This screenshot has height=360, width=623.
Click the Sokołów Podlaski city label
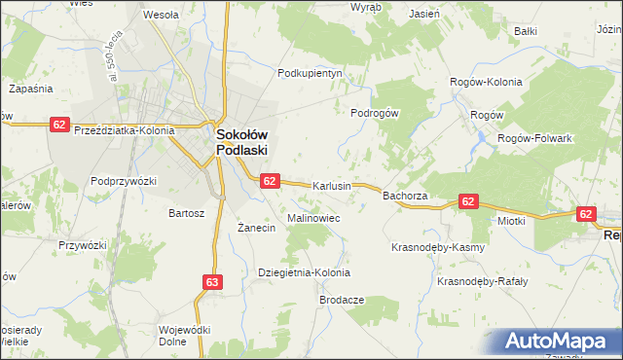[241, 143]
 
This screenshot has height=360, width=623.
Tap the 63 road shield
[213, 282]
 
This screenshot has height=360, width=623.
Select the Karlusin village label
[331, 186]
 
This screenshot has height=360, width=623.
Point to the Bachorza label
[407, 196]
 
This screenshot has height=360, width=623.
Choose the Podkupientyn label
[311, 73]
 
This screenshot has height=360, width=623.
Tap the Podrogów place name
[375, 113]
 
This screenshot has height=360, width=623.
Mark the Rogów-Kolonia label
[486, 82]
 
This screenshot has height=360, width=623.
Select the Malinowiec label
[312, 219]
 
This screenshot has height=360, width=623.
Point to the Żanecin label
[258, 228]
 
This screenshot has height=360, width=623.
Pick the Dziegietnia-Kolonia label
[303, 272]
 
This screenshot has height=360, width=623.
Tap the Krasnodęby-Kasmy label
[437, 247]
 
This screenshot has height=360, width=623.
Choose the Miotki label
[511, 221]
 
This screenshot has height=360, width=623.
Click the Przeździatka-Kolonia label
[124, 130]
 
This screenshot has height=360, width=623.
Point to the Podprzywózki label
[124, 181]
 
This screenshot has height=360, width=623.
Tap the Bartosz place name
[187, 212]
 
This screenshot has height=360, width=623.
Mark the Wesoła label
[160, 16]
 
